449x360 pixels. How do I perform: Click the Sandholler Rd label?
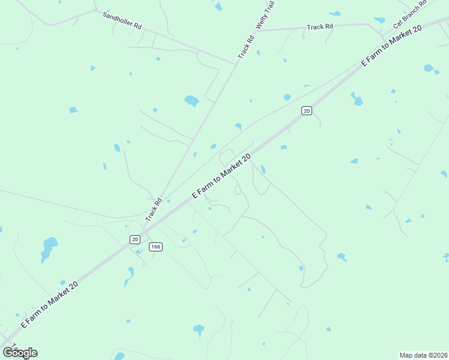pos(122,20)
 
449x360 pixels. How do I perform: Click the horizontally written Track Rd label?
pos(319,27)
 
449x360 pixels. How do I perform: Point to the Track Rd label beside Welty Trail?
pos(247,47)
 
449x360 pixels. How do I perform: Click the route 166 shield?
pos(156,247)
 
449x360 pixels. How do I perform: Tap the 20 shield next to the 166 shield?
pos(135,239)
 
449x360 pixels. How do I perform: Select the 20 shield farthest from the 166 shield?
pos(307,110)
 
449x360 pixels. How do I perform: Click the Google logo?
pos(20,353)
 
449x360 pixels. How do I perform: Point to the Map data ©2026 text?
pos(423,355)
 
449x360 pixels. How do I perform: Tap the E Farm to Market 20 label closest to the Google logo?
pos(50,304)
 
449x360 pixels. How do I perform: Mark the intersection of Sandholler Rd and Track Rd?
pos(237,62)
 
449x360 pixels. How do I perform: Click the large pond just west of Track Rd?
pos(191,100)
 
